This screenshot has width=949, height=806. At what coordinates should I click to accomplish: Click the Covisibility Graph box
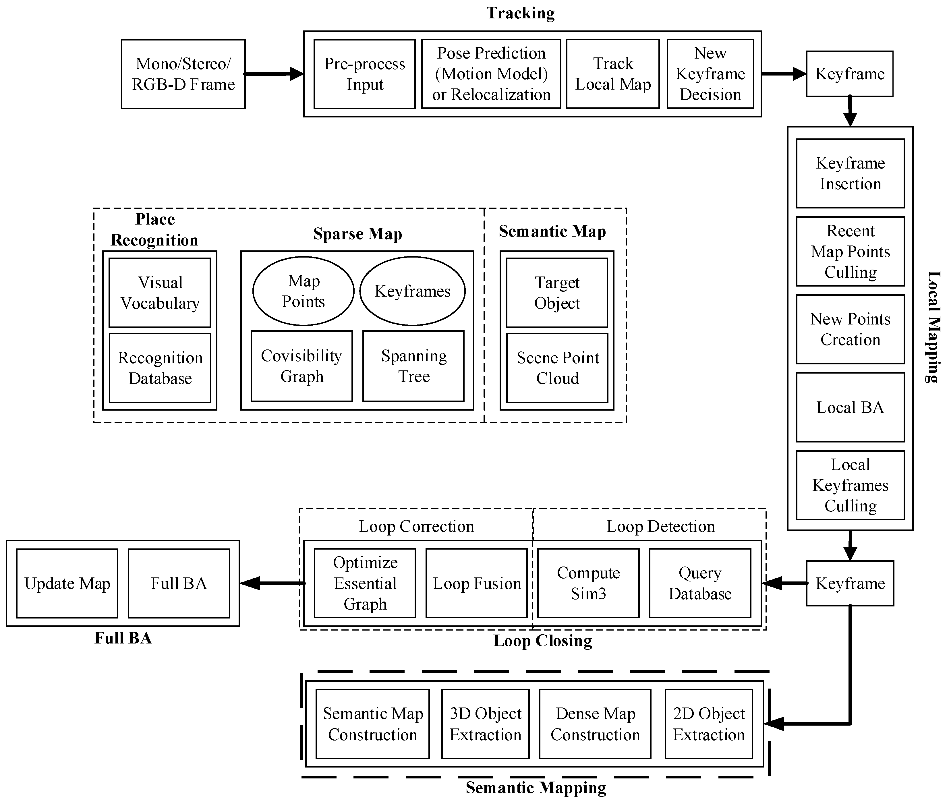pos(301,366)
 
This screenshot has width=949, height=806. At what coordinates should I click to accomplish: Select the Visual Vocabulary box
pos(160,293)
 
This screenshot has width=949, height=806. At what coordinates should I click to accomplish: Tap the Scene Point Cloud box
pos(557,368)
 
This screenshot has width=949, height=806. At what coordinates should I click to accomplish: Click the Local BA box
pos(850,407)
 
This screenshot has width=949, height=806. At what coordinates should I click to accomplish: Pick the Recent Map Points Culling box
pos(850,251)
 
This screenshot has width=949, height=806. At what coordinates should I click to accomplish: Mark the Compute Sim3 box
pos(588,583)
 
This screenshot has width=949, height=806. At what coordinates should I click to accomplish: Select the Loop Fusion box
pos(477,583)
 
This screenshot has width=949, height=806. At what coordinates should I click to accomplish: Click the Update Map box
pos(67,583)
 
